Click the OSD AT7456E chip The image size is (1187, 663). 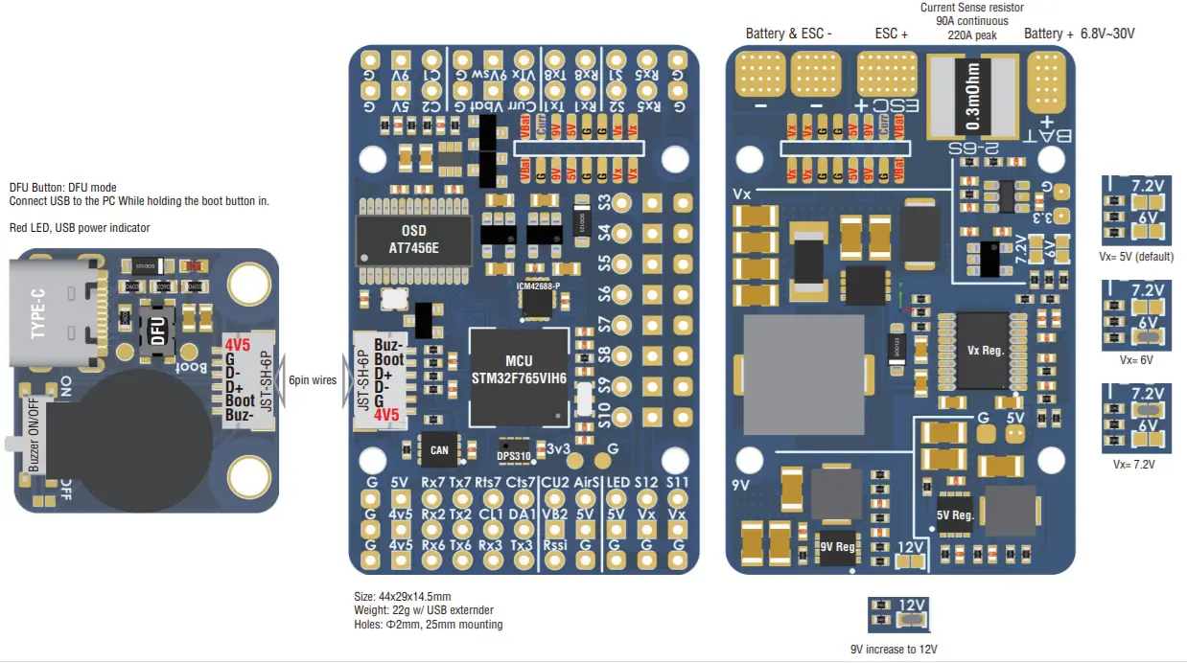[413, 240]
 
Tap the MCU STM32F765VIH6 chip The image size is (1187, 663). [519, 377]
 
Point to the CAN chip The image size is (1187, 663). [440, 449]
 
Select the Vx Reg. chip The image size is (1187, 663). [985, 351]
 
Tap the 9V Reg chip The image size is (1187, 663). [836, 547]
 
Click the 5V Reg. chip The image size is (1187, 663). [955, 514]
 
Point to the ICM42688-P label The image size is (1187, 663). [537, 286]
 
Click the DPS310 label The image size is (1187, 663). [514, 456]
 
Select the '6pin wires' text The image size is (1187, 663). [313, 379]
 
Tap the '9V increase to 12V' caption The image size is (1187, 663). [896, 650]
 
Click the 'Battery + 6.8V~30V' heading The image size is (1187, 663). [1079, 34]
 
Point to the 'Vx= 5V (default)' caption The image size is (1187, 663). [1135, 257]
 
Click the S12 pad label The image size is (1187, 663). [646, 482]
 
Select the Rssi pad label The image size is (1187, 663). [554, 544]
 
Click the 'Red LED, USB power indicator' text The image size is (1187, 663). [80, 228]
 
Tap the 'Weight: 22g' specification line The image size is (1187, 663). [424, 610]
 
